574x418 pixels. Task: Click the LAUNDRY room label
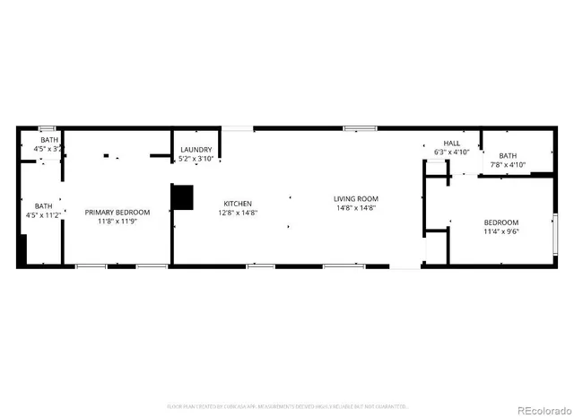196,149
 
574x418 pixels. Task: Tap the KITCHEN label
238,204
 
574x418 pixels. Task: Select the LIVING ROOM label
356,198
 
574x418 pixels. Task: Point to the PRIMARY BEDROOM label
117,213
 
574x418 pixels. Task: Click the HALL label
451,143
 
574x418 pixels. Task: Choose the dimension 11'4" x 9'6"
501,231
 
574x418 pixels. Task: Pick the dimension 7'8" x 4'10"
508,165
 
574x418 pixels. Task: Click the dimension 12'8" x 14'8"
238,213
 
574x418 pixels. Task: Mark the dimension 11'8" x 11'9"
117,222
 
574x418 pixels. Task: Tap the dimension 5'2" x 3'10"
196,159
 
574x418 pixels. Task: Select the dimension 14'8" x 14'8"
356,208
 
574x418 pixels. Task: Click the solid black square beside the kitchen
182,197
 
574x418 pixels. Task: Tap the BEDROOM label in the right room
501,222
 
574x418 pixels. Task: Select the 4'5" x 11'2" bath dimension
43,215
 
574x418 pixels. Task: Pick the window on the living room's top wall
360,129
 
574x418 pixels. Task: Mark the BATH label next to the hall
509,155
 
